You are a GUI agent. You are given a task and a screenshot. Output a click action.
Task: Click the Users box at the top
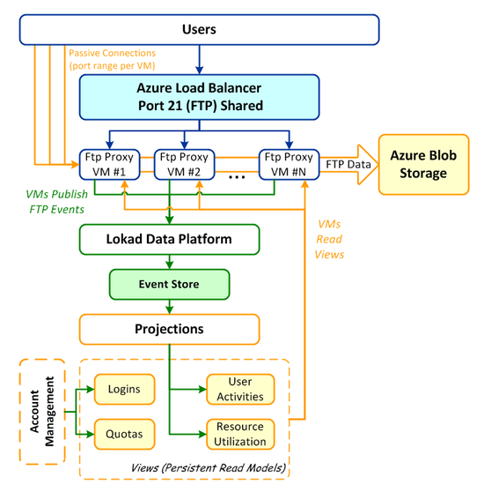tap(199, 30)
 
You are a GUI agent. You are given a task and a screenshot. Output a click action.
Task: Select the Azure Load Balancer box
tap(199, 97)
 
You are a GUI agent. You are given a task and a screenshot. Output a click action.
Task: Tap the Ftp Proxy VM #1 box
tap(109, 165)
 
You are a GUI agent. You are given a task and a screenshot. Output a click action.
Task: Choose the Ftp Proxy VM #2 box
tap(184, 165)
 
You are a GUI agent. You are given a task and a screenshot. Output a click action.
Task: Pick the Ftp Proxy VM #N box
tap(289, 165)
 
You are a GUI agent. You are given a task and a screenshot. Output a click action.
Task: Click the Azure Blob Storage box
tap(423, 165)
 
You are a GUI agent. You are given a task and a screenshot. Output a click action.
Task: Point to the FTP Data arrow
tap(348, 165)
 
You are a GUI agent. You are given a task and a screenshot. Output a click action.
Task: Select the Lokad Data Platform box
tap(169, 239)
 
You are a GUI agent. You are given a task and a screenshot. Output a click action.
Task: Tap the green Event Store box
tap(169, 284)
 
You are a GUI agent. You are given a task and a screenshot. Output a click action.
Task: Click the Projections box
tap(169, 330)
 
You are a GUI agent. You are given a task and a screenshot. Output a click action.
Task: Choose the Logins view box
tap(124, 389)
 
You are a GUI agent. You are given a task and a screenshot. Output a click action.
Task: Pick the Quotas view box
tap(124, 434)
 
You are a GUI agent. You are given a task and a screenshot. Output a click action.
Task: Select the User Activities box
tap(240, 389)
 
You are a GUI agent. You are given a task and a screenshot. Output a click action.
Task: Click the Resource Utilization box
tap(240, 434)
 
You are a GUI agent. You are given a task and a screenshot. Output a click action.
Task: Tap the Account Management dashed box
tap(42, 412)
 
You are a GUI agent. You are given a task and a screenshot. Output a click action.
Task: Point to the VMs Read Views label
tap(329, 239)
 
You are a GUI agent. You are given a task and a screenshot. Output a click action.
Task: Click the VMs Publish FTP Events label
tap(57, 202)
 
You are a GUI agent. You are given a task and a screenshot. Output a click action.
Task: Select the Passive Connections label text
tap(112, 59)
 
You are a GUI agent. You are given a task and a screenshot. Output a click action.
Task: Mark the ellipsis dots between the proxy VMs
tap(237, 177)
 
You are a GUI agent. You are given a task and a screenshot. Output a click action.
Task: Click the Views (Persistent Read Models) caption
tap(209, 468)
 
